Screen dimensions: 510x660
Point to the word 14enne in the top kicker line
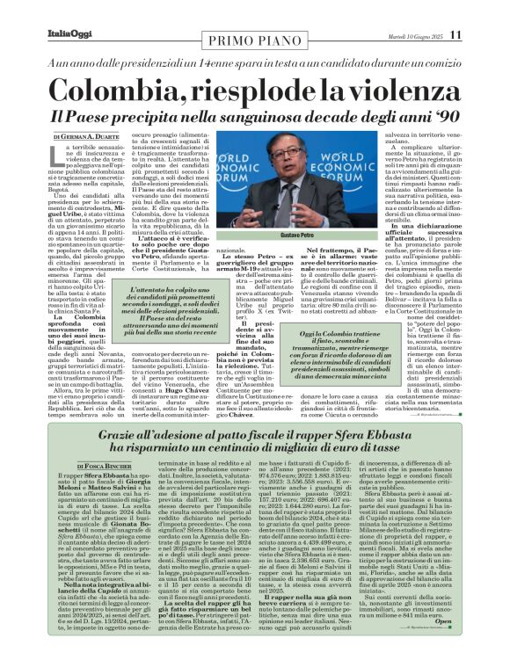(x=237, y=57)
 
